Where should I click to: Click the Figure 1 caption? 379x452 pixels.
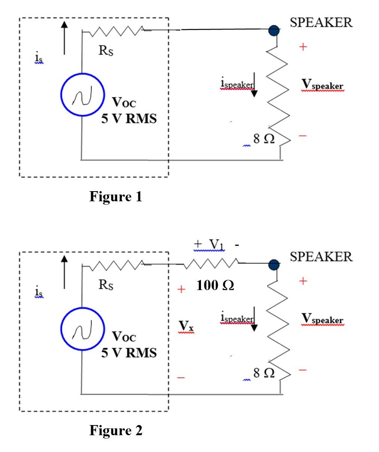[x=116, y=196]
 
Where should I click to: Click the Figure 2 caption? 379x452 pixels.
[x=116, y=430]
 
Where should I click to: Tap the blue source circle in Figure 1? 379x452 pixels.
[x=82, y=94]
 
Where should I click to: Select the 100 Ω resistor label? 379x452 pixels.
[x=215, y=286]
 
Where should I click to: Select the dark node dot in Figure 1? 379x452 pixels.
[x=274, y=30]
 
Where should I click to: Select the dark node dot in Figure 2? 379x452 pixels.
[x=274, y=265]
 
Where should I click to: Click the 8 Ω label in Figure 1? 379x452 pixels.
[x=263, y=139]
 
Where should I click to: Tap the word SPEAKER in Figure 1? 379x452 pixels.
[x=321, y=23]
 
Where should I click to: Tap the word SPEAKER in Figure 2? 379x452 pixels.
[x=321, y=256]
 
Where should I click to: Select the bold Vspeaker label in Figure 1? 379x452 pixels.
[x=322, y=85]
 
